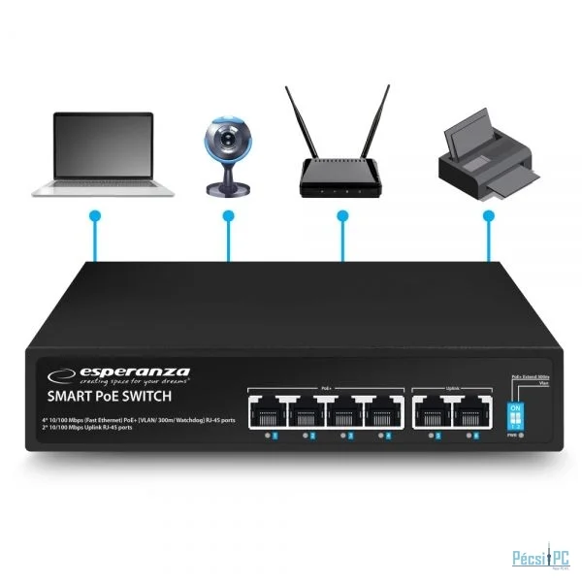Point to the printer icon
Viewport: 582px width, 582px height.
coord(486,155)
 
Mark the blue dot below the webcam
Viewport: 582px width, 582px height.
coord(228,214)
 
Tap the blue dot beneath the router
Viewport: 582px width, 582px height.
coord(341,214)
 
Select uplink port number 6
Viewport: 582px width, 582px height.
coord(471,414)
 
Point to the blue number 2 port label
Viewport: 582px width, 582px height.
coord(312,436)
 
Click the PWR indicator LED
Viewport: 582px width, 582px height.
coord(522,436)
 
